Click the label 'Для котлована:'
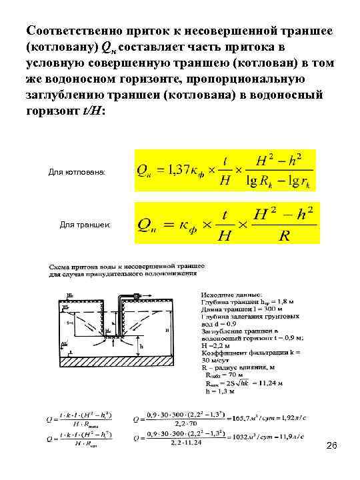coord(77,173)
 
